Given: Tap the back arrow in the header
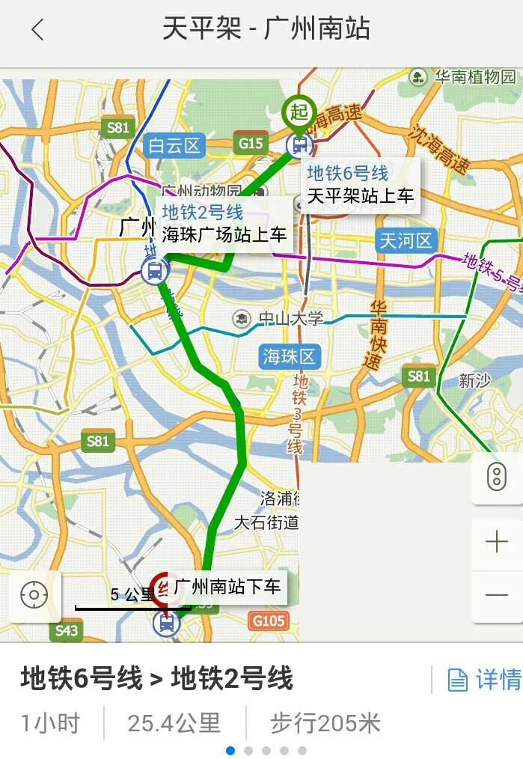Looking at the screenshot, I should (37, 30).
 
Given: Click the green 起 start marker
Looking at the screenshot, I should (299, 112).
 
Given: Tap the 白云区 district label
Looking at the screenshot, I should (174, 145).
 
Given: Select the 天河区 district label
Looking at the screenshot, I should (406, 241).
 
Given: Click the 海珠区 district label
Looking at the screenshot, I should (290, 356).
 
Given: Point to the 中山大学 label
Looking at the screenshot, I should (290, 319).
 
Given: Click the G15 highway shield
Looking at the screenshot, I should (251, 142).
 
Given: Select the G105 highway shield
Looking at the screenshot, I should (269, 621).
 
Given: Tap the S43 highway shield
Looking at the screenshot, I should (67, 631).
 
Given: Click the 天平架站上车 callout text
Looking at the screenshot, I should (361, 197).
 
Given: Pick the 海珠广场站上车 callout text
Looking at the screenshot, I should (224, 234).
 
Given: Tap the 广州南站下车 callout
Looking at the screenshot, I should (227, 586).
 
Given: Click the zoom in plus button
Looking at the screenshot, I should (496, 541).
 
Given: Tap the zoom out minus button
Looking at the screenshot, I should (496, 595).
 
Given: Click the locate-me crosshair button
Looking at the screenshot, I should (34, 596).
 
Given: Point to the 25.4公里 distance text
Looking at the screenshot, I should (174, 723).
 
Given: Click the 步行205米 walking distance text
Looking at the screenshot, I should (325, 723).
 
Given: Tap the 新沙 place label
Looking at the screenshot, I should (474, 381).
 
